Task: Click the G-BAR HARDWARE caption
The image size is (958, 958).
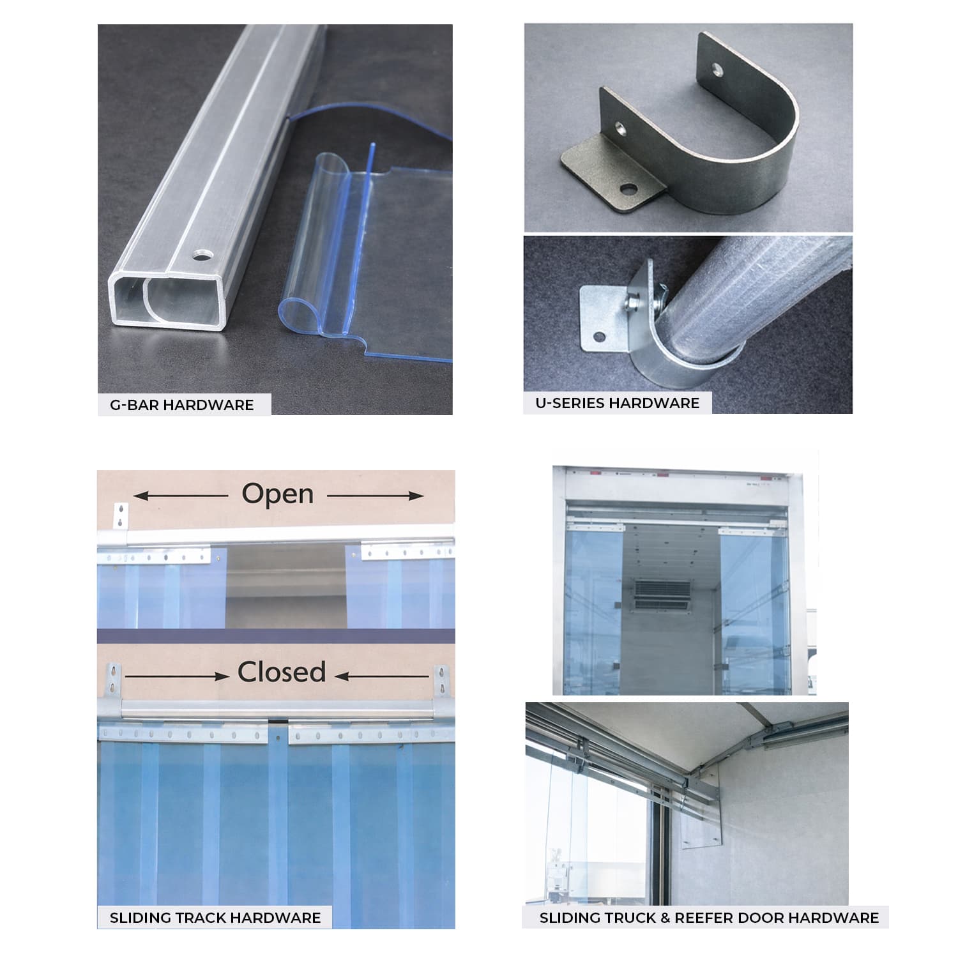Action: click(x=182, y=405)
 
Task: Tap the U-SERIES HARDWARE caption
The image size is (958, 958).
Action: click(x=618, y=403)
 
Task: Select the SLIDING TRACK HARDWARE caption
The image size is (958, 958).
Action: click(x=215, y=918)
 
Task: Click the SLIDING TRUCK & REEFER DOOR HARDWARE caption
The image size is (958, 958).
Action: click(x=709, y=918)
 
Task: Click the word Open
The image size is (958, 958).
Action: click(x=278, y=494)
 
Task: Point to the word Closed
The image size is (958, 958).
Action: click(x=282, y=672)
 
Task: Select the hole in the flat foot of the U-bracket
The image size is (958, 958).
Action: click(x=628, y=189)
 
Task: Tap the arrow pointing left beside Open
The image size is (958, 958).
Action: click(x=181, y=496)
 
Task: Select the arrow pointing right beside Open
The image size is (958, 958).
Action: click(x=376, y=496)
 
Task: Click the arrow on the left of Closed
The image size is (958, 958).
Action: click(x=177, y=676)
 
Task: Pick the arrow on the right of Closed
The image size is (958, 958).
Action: click(x=382, y=676)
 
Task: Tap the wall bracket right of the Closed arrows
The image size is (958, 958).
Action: click(x=441, y=681)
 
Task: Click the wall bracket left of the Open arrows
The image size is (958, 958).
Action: click(x=121, y=516)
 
